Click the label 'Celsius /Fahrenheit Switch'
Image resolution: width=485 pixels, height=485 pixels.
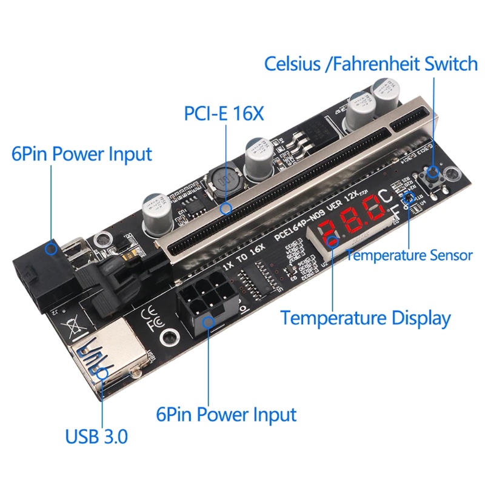click(x=371, y=64)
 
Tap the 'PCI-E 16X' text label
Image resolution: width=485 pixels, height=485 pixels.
click(x=224, y=113)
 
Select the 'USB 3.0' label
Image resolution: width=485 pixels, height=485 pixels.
click(x=96, y=436)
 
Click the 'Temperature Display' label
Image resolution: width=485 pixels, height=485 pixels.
click(x=366, y=318)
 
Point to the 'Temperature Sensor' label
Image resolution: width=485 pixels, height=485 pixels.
click(x=409, y=255)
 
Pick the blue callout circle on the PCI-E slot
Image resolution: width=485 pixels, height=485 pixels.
click(x=227, y=209)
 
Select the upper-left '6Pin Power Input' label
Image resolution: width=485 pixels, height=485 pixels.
click(x=81, y=153)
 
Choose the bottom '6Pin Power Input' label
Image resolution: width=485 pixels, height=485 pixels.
click(x=226, y=415)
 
